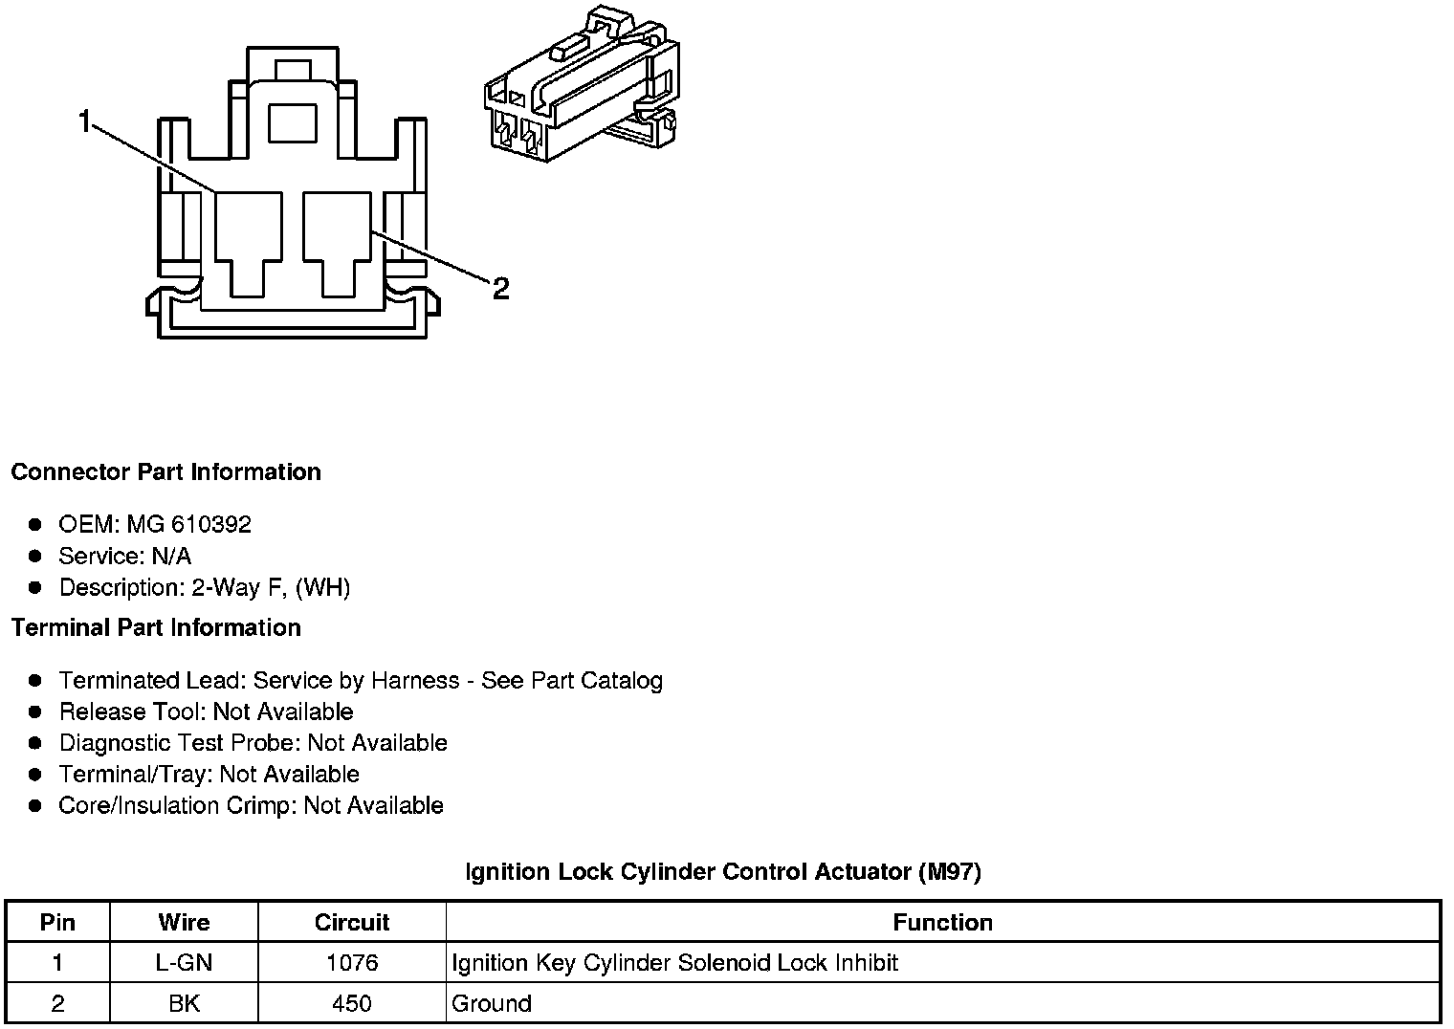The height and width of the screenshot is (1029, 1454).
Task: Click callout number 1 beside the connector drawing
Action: (x=85, y=122)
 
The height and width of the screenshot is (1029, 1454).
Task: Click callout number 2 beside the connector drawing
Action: (x=500, y=288)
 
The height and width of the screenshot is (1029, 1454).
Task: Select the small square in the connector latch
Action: (x=292, y=123)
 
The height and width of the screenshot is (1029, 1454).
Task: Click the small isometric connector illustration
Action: (x=583, y=87)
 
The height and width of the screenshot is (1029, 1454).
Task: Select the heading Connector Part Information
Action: (x=165, y=471)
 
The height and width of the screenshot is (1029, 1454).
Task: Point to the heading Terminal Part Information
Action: (x=156, y=627)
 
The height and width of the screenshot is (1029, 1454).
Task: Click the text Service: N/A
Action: (x=124, y=556)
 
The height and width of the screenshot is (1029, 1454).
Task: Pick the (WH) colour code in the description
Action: (x=323, y=587)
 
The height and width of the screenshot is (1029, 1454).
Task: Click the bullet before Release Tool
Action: (x=35, y=712)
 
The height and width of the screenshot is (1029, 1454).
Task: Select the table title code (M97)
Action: (x=949, y=871)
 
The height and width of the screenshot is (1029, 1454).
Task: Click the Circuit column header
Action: (x=351, y=922)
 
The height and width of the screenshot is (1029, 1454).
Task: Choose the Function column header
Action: (x=942, y=922)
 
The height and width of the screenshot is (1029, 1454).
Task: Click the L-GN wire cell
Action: (x=184, y=962)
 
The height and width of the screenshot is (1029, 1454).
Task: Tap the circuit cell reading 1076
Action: (x=351, y=962)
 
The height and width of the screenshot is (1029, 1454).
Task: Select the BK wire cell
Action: (x=184, y=1003)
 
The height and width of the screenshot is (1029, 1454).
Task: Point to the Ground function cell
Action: (x=492, y=1003)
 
